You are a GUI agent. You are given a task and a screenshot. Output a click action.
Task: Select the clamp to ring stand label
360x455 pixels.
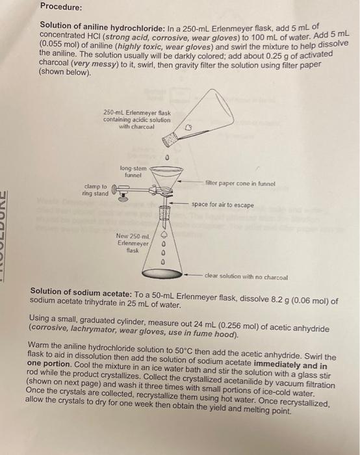click(x=96, y=190)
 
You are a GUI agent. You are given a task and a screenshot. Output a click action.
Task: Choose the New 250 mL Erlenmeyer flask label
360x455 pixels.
click(x=133, y=242)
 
